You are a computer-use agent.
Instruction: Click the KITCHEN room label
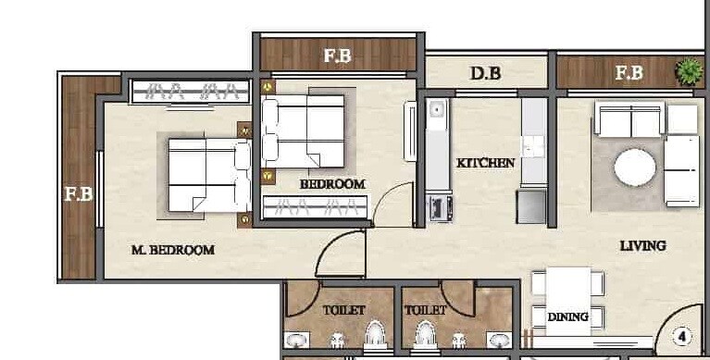click(x=485, y=163)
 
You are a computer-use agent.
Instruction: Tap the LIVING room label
click(x=643, y=245)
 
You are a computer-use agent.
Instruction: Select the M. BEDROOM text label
click(x=173, y=249)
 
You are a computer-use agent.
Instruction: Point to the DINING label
click(x=567, y=317)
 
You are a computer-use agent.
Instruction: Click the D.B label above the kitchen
click(x=485, y=72)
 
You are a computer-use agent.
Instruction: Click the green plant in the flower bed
click(x=688, y=70)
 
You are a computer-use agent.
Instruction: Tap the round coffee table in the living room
click(x=635, y=168)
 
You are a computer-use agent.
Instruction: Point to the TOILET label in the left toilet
click(x=343, y=310)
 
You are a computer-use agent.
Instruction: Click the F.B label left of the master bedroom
click(x=77, y=194)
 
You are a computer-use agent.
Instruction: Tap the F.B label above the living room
click(x=629, y=72)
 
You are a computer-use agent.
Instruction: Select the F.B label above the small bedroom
click(x=337, y=56)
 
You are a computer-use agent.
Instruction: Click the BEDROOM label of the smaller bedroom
click(x=332, y=183)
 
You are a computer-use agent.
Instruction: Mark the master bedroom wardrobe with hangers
click(x=191, y=91)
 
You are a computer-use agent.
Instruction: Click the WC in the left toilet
click(x=374, y=336)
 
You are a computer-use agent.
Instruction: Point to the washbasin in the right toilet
click(x=499, y=340)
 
